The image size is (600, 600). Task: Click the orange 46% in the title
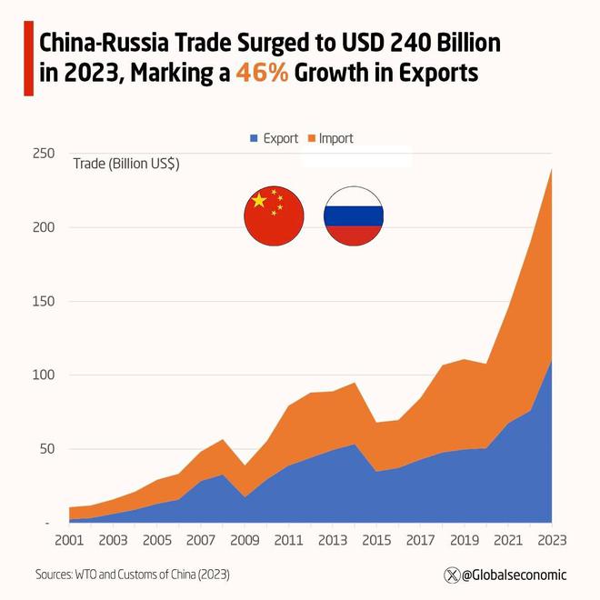click(x=263, y=74)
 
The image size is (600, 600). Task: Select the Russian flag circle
click(x=354, y=215)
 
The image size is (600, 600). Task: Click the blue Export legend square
click(x=255, y=138)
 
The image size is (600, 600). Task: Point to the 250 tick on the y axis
click(x=42, y=154)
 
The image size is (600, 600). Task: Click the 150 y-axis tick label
click(x=42, y=301)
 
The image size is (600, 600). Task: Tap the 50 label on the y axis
click(x=45, y=449)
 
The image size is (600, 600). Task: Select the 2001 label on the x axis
click(x=70, y=541)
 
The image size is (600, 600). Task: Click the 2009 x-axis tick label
click(x=245, y=541)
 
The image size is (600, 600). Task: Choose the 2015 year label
click(x=375, y=541)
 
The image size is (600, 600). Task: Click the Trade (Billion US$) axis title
click(x=125, y=164)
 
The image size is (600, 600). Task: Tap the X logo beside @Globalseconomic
click(x=451, y=575)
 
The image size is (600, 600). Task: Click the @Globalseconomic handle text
click(x=514, y=575)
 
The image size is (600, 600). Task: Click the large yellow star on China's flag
click(x=260, y=200)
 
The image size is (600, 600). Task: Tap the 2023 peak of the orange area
click(x=551, y=170)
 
